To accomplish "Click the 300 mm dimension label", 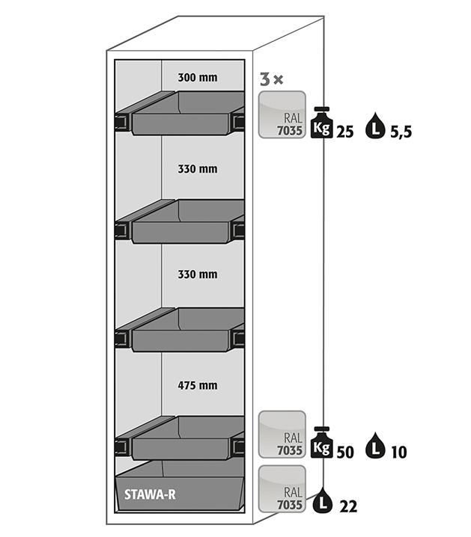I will click(x=198, y=76).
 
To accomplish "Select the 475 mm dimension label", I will click(x=198, y=385).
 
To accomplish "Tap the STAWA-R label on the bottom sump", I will click(x=147, y=494).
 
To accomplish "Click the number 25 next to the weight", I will click(x=345, y=132).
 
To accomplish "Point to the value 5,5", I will click(x=401, y=132).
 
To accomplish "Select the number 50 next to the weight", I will click(x=345, y=451).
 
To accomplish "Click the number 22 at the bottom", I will click(x=347, y=506).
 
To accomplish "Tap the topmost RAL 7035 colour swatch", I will click(x=282, y=114).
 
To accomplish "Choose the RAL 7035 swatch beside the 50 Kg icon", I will click(x=282, y=434).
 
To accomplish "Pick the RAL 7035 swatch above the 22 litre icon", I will click(x=282, y=488).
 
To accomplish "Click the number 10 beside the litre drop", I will click(x=398, y=451).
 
